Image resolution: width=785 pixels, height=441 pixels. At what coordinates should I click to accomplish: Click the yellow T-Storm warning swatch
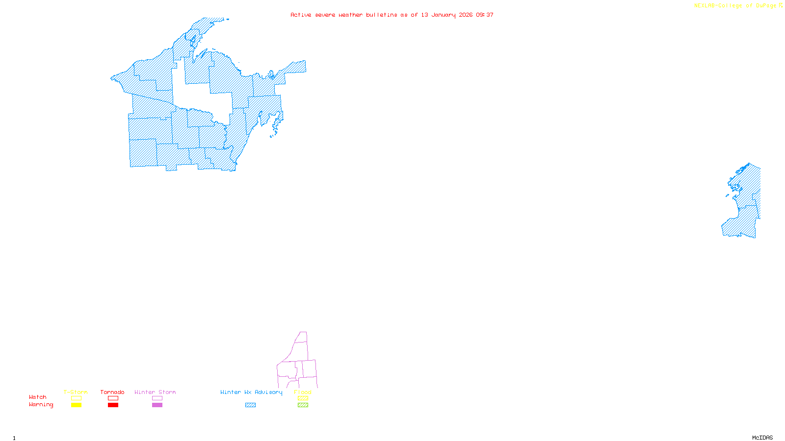[x=76, y=405]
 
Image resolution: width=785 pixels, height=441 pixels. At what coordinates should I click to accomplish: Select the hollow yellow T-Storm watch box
[x=76, y=398]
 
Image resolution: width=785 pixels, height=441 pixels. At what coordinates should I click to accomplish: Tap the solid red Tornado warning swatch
[x=113, y=405]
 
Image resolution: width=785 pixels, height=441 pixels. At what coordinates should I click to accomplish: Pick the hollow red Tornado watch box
[x=113, y=398]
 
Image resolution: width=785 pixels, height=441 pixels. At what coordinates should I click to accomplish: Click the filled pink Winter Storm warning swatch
[x=157, y=405]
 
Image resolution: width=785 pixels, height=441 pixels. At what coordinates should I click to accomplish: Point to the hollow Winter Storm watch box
[x=157, y=398]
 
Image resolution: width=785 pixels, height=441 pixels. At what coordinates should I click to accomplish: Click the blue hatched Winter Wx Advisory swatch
[x=250, y=405]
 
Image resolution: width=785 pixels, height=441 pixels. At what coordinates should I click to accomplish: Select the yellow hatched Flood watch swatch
[x=303, y=398]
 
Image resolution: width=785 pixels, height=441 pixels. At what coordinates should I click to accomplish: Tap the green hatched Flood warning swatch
[x=303, y=405]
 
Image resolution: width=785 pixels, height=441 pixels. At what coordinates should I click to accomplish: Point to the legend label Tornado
[x=112, y=392]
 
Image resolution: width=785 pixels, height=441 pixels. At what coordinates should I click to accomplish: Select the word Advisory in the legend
[x=268, y=392]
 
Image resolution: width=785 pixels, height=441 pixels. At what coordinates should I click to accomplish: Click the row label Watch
[x=38, y=397]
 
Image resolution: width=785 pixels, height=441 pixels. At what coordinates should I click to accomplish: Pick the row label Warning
[x=41, y=405]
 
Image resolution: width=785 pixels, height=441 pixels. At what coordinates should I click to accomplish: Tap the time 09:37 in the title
[x=485, y=15]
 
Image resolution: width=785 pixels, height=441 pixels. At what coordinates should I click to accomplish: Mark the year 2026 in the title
[x=466, y=15]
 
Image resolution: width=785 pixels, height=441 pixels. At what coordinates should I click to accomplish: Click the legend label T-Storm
[x=76, y=392]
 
